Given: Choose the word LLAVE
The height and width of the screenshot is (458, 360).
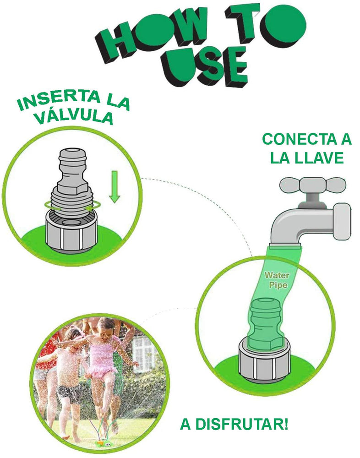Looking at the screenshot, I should click(320, 158).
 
